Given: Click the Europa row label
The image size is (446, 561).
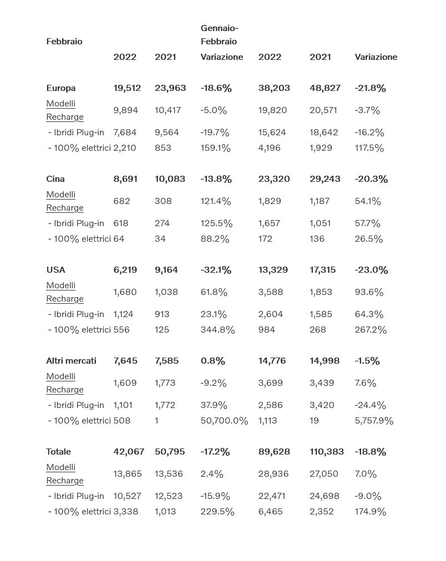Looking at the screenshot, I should [61, 88].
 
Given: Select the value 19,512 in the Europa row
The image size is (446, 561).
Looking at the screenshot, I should [127, 88].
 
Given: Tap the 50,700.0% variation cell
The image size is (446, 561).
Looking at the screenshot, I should [224, 421].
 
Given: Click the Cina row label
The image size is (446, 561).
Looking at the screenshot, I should [55, 179].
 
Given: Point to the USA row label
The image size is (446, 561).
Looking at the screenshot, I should [55, 270].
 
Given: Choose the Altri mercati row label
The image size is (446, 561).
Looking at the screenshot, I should [71, 361].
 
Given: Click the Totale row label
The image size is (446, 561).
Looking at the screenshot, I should [58, 452].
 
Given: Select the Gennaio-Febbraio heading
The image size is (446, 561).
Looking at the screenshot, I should [219, 34].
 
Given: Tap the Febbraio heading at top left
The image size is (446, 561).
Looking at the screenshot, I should [64, 42].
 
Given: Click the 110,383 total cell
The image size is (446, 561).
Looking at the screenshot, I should [327, 452].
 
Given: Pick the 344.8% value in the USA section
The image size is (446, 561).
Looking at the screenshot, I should [217, 330].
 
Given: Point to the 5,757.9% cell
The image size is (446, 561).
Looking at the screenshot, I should [374, 421].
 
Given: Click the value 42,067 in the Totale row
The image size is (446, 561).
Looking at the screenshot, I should [129, 452].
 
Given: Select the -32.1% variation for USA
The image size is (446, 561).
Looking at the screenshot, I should [216, 270].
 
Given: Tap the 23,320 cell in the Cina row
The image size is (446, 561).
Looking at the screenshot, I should [274, 179].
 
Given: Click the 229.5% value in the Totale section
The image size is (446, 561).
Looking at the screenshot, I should [217, 512].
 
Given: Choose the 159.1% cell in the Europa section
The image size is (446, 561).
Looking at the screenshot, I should [215, 148].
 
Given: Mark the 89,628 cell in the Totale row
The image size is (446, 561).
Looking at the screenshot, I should [274, 452].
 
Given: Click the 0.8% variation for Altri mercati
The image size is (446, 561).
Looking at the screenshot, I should [212, 361].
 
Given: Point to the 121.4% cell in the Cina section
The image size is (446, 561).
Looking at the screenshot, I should [216, 201].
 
